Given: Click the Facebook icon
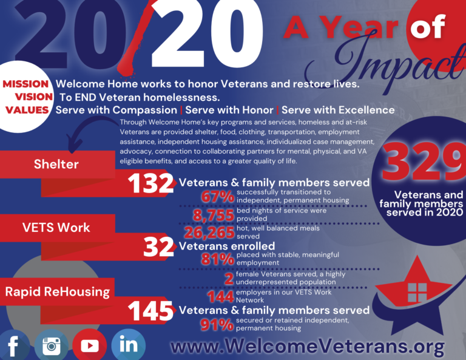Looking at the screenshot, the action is pos(14,345).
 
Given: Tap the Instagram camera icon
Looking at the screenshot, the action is pos(52,345).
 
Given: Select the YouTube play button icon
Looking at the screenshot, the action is pos(89,345).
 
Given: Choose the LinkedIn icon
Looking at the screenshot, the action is pos(129,345).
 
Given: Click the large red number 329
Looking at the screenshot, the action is pos(424,162).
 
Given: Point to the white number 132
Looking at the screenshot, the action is pos(150,183).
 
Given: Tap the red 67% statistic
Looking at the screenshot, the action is pos(218,197).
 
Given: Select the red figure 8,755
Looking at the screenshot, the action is pos(214,215).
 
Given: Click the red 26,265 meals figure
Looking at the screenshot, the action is pos(209,233).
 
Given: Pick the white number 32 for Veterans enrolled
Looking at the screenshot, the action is pos(158,247).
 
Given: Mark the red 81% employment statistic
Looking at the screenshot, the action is pos(218,259).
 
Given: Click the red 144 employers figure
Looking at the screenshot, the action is pos(221,297).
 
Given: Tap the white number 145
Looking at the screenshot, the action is pos(150,311).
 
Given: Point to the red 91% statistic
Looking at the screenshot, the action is pos(217,325).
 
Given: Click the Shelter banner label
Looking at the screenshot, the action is pos(56,164).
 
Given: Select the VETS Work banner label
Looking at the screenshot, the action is pos(56,228).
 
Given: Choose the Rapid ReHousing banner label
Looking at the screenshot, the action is pos(58,291).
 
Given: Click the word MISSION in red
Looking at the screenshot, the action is pos(25,84).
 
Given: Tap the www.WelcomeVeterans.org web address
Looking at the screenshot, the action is pos(307,346).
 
